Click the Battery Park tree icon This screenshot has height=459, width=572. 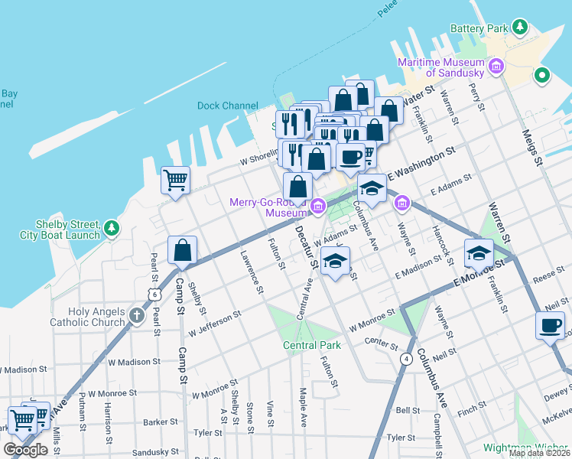pyautogui.click(x=520, y=28)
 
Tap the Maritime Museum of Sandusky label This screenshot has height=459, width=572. pyautogui.click(x=440, y=67)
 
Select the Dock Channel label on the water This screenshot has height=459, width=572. pyautogui.click(x=227, y=106)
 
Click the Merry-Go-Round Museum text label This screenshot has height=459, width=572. pyautogui.click(x=268, y=207)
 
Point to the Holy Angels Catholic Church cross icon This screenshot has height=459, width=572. pyautogui.click(x=137, y=316)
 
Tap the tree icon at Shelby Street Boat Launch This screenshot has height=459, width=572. pyautogui.click(x=112, y=227)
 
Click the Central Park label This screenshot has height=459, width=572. pyautogui.click(x=311, y=345)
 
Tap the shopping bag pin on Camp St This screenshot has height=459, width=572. pyautogui.click(x=182, y=251)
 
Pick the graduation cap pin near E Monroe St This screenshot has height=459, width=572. pyautogui.click(x=479, y=252)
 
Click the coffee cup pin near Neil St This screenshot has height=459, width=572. pyautogui.click(x=549, y=326)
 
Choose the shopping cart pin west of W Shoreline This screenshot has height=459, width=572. pyautogui.click(x=175, y=181)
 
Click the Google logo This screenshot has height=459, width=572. pyautogui.click(x=25, y=449)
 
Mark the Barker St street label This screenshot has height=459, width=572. pyautogui.click(x=160, y=422)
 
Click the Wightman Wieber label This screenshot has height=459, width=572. pyautogui.click(x=527, y=448)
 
